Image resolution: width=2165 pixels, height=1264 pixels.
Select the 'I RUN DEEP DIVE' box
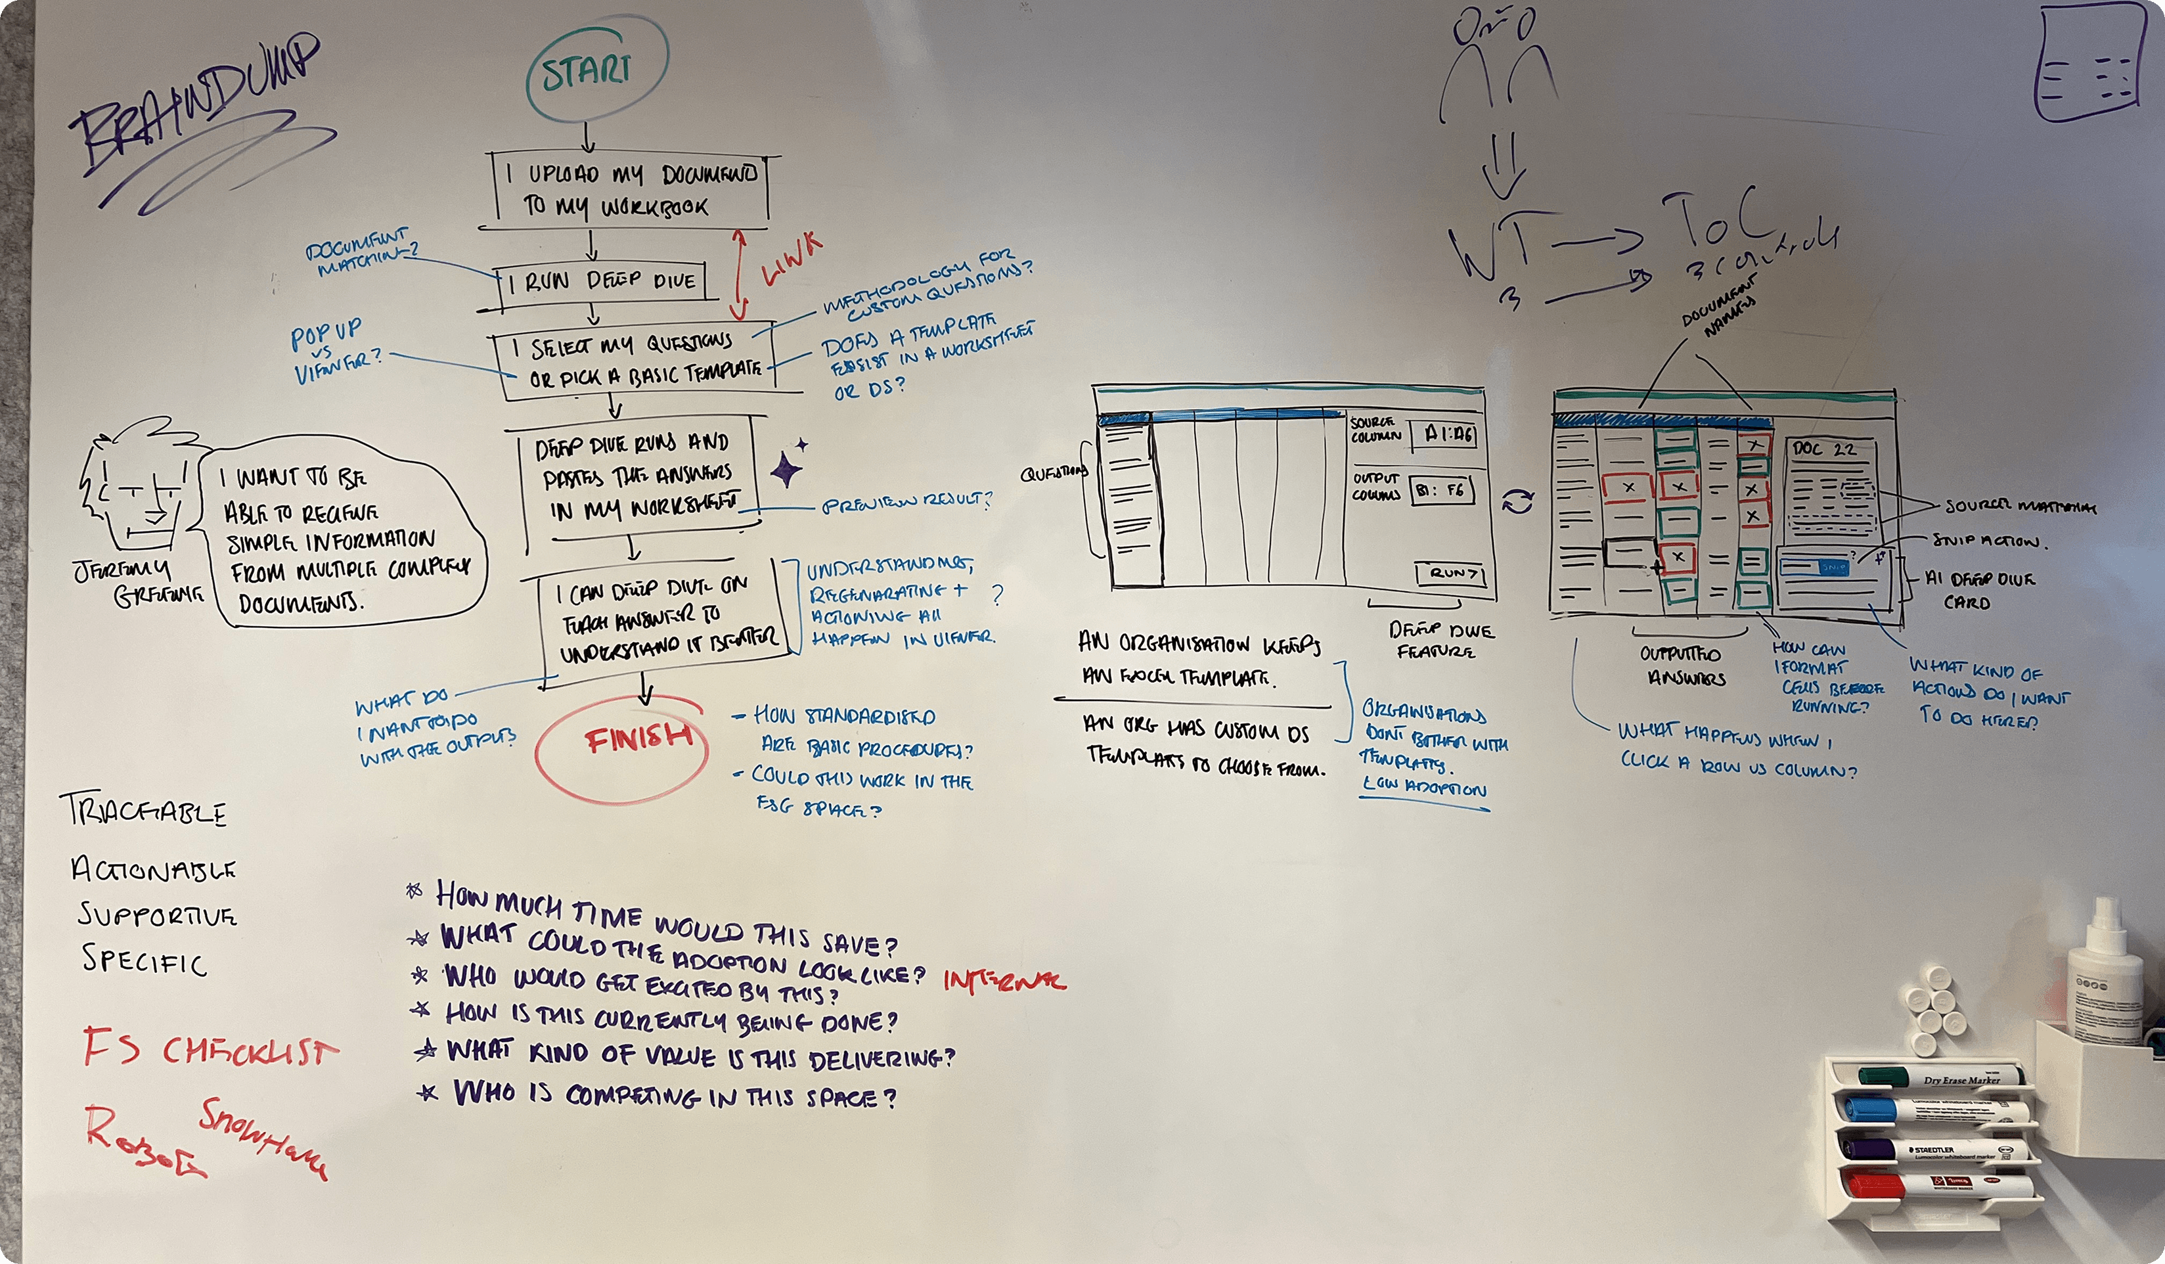tap(603, 282)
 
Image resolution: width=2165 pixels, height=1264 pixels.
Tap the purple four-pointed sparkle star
tap(784, 470)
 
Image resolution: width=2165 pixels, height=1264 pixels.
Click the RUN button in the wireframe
tap(1451, 573)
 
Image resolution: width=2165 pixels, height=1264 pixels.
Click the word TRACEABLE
tap(143, 811)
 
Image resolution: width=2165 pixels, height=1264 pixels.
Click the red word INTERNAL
tap(1004, 980)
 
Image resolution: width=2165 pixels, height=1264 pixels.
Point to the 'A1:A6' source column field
tap(1448, 434)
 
